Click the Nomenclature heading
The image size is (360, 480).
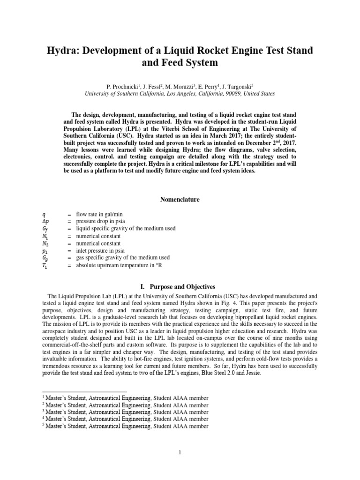180,200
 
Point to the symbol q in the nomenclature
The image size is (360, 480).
44,215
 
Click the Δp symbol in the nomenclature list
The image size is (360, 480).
45,222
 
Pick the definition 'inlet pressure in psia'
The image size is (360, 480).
104,250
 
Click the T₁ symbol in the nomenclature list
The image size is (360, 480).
45,265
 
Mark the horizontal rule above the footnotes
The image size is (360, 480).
84,391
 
